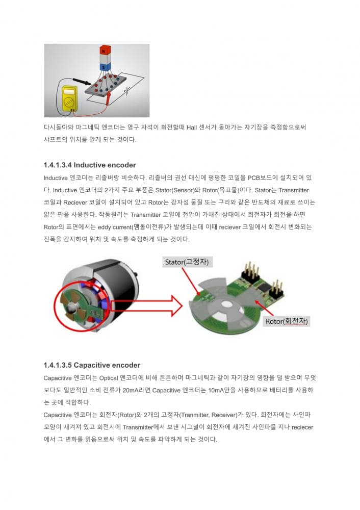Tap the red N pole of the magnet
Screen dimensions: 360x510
105,50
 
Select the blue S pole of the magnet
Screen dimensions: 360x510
105,67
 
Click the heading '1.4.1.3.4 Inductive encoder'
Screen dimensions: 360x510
90,165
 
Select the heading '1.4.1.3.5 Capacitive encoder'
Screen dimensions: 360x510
92,365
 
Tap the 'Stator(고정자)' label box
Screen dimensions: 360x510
187,262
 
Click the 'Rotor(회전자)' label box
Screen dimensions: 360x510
286,321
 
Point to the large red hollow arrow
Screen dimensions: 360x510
146,305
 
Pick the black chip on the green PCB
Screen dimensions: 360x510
264,287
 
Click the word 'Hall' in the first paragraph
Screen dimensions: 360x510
192,127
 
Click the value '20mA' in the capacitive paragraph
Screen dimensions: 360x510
131,390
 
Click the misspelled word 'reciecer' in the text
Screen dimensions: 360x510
302,427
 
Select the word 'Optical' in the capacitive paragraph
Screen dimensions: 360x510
109,378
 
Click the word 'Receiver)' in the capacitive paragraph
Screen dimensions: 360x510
224,415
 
